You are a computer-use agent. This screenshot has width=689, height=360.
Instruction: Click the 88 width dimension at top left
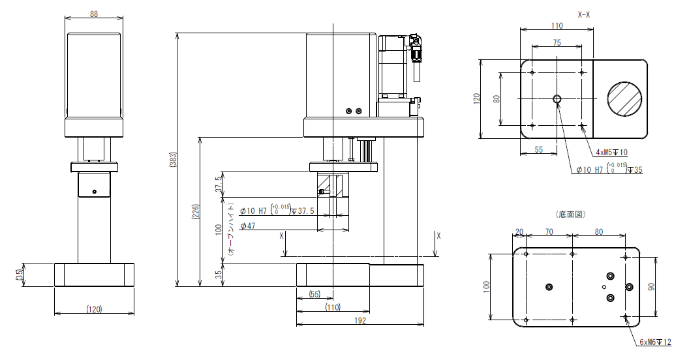(94, 14)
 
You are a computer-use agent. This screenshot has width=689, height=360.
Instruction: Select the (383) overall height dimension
(173, 160)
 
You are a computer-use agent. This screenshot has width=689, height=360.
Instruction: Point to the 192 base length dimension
(360, 320)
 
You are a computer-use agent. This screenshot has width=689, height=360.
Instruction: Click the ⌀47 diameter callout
(247, 226)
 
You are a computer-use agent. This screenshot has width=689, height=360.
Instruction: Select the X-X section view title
(583, 15)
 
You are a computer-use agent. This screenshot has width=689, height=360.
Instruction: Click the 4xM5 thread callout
(611, 153)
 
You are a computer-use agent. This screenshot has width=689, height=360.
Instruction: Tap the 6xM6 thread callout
(655, 342)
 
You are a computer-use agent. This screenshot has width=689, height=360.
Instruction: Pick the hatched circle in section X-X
(624, 99)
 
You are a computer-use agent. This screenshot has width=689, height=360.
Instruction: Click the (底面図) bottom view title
(571, 215)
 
